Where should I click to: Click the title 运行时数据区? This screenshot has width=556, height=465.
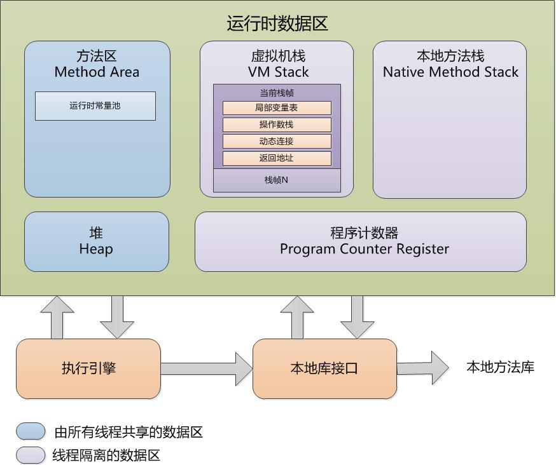[277, 24]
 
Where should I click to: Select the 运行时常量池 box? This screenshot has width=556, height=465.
[95, 106]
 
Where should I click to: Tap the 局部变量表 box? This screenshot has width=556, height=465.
[277, 108]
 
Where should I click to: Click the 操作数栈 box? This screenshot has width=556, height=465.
[277, 125]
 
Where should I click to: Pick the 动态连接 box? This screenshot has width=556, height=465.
[277, 141]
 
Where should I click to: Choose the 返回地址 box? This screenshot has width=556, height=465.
[277, 158]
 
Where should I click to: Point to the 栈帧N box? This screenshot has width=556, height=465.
[277, 180]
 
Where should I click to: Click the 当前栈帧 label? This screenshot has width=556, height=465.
[277, 93]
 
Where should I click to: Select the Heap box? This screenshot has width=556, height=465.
[96, 242]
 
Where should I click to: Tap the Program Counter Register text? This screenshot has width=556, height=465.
[364, 249]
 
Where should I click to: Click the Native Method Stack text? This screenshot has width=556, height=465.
[450, 72]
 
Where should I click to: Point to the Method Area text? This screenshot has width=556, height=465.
[97, 72]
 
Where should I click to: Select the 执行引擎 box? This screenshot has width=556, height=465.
[88, 368]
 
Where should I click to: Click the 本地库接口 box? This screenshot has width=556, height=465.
[324, 368]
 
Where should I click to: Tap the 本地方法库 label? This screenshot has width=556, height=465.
[500, 367]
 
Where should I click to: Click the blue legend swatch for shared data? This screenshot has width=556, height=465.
[31, 432]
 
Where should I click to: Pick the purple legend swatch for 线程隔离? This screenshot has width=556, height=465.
[31, 455]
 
